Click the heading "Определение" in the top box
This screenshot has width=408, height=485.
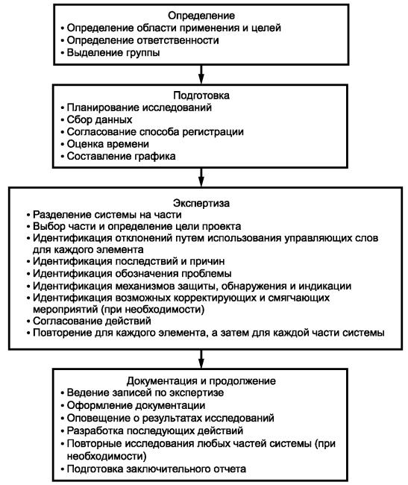pos(201,16)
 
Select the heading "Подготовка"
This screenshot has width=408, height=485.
pos(201,96)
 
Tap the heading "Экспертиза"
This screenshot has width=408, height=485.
pos(201,203)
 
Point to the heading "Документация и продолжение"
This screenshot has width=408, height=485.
pos(201,381)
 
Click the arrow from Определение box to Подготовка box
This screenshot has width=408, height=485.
pos(201,74)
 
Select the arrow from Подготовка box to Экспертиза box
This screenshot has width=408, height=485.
pos(201,178)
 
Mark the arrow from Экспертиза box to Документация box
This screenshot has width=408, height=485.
pos(201,359)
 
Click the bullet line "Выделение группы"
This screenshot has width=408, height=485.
pos(110,52)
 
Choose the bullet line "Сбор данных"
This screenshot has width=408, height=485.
pos(96,119)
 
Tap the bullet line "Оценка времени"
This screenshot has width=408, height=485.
pos(104,144)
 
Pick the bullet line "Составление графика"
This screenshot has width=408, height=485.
pos(118,156)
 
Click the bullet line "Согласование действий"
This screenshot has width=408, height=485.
pos(89,321)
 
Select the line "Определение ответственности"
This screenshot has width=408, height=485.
pos(139,40)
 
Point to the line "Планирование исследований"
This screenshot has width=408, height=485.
pos(136,107)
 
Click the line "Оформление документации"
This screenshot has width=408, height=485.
pos(133,405)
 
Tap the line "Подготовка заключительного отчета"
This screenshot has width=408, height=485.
pos(154,469)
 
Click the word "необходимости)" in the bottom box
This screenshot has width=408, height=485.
pos(107,456)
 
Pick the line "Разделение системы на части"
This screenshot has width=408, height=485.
pos(104,214)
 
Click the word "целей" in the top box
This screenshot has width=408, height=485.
pos(266,28)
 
